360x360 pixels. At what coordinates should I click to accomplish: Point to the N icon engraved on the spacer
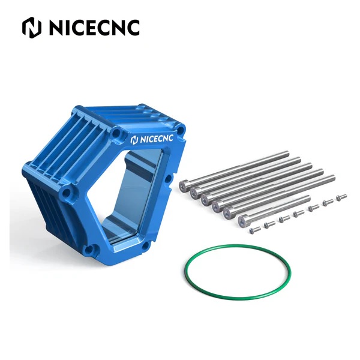click(x=134, y=140)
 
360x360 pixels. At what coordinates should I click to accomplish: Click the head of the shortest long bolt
click(x=242, y=222)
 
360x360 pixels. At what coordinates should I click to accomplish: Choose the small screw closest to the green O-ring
click(x=253, y=230)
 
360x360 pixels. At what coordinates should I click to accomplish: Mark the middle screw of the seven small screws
click(x=296, y=213)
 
